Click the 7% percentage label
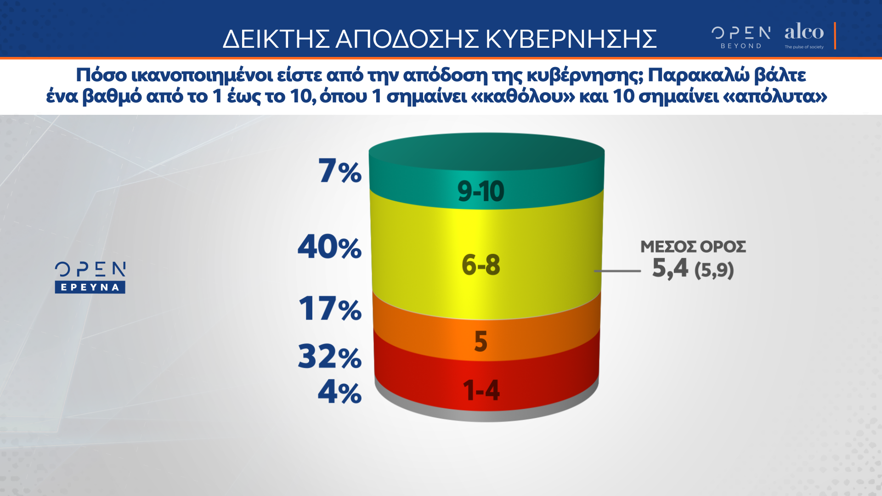340,171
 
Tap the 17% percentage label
330,308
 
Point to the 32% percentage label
330,356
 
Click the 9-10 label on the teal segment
481,191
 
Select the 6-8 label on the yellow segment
481,265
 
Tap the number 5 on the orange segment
481,341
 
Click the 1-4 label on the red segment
481,390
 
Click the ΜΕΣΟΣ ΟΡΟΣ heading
693,247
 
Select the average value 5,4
670,268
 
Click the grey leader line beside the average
617,271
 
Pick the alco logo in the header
804,35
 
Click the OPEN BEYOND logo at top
741,37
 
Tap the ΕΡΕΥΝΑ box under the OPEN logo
90,287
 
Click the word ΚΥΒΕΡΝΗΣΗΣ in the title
571,39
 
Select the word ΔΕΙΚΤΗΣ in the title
276,39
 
